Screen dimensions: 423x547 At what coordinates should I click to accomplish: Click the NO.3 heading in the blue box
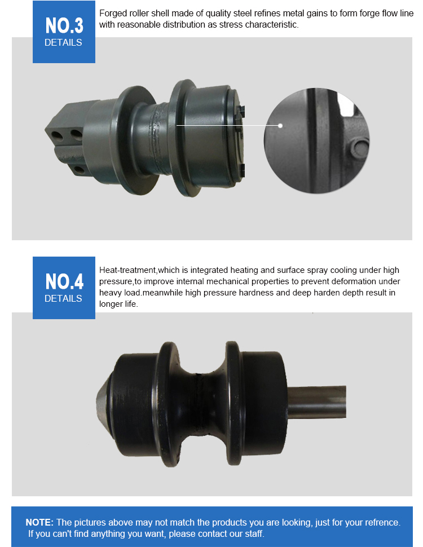64,25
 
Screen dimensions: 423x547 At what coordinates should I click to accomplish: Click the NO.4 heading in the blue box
64,281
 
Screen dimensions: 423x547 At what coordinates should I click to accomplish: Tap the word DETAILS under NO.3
63,42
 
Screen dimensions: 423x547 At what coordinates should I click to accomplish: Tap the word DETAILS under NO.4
63,299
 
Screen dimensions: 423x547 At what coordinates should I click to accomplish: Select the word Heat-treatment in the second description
127,270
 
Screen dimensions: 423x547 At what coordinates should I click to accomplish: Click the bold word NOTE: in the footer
39,522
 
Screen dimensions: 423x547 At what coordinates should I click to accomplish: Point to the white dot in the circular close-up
280,126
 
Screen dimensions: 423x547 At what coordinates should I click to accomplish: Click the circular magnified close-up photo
316,140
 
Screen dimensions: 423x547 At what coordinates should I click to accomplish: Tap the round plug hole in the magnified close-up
359,148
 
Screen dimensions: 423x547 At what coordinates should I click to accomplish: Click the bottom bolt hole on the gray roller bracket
80,170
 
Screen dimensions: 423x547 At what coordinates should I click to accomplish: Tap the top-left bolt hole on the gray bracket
56,135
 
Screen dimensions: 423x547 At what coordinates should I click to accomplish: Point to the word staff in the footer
254,533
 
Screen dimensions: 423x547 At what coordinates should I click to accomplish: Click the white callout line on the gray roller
228,125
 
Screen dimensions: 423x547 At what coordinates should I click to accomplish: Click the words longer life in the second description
118,304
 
